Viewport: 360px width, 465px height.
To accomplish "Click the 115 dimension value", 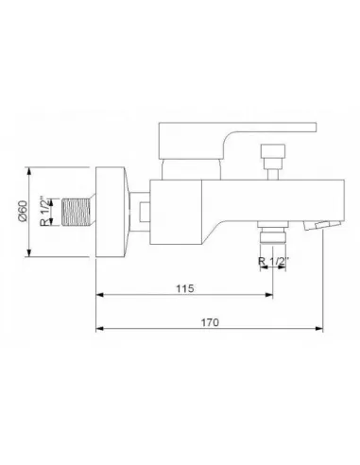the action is click(185, 288).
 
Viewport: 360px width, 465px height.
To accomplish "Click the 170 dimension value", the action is click(210, 322).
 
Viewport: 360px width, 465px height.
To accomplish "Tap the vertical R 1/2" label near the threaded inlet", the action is click(44, 211).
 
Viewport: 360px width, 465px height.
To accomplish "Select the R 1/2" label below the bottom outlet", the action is click(273, 261).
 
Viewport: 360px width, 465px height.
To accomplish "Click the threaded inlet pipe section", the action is click(77, 212).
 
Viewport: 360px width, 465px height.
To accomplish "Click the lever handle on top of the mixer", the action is click(237, 140).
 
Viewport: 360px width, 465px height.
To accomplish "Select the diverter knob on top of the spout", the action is click(273, 150).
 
